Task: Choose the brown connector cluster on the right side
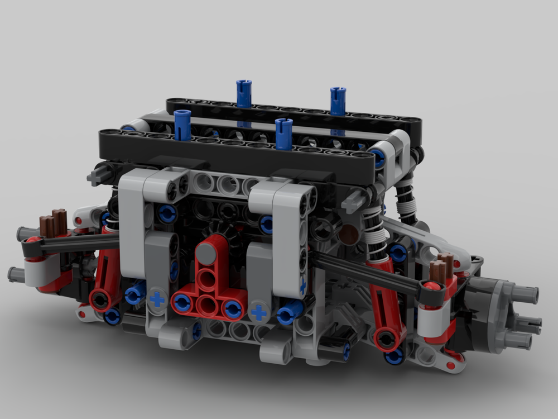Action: pos(444,269)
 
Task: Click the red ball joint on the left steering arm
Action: pos(34,241)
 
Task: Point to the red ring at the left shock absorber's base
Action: pos(101,300)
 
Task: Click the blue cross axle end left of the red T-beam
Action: pos(157,299)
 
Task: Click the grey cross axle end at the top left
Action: pos(95,177)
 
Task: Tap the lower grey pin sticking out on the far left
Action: pos(16,274)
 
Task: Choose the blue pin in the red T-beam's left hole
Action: pos(182,302)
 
